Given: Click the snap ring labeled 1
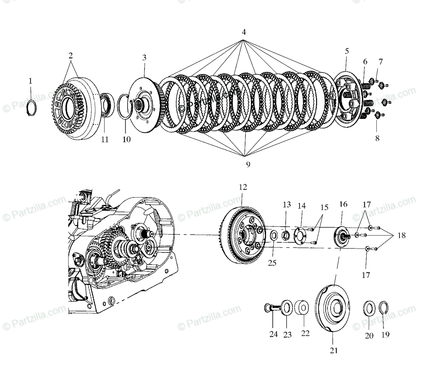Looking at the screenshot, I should point(32,108).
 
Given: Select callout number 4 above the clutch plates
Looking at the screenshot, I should point(243,32).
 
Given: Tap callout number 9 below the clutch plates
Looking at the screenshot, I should point(248,165).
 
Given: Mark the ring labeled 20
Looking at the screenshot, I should point(369,308).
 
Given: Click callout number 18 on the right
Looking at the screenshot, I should point(401,235).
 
